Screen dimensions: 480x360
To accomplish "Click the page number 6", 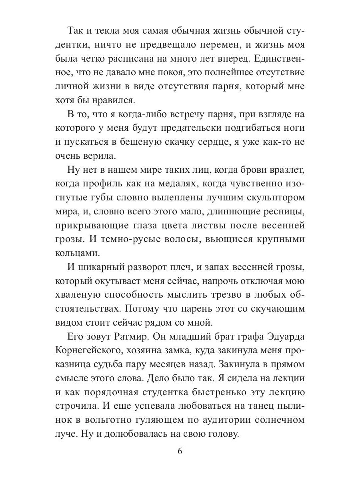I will click(x=180, y=451).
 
